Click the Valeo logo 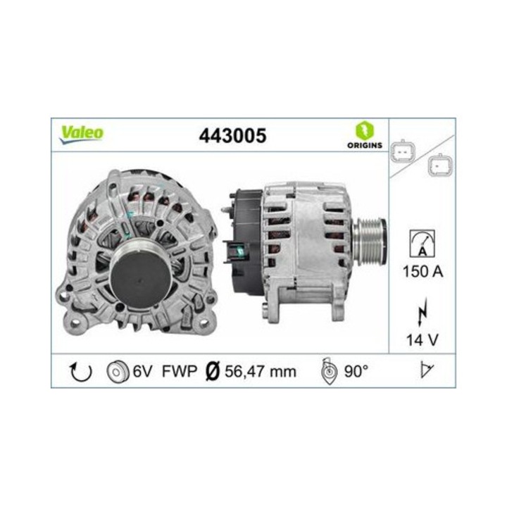tap(82, 134)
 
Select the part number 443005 tap(234, 135)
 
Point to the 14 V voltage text tap(422, 341)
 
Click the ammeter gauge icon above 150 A tap(421, 244)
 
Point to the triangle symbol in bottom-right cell tap(425, 371)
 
